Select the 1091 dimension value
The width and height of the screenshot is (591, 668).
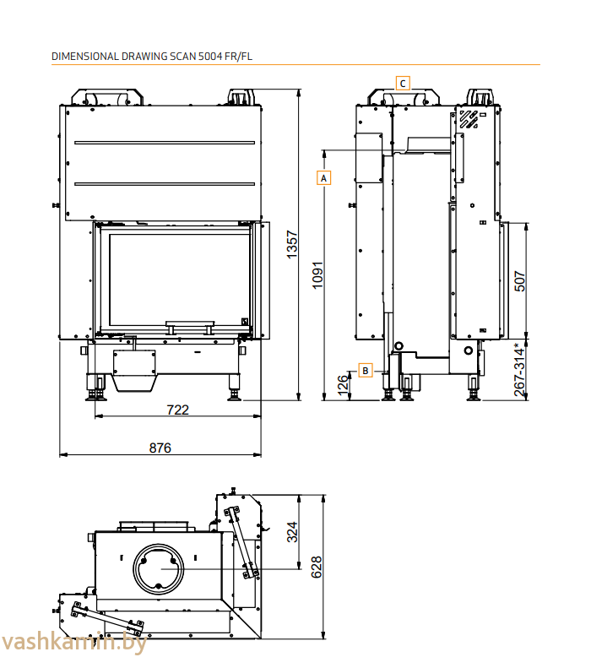(x=317, y=274)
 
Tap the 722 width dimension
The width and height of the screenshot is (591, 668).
(x=177, y=410)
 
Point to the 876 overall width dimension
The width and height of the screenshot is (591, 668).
(x=160, y=448)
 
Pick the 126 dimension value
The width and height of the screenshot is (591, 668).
(x=343, y=384)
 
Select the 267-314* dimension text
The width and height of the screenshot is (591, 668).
(x=520, y=368)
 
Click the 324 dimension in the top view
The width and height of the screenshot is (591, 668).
(x=292, y=531)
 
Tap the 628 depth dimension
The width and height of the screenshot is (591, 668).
(x=317, y=566)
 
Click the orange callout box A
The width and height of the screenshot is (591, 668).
(x=323, y=178)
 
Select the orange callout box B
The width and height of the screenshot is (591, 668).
(x=365, y=370)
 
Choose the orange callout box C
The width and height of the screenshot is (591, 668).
(x=404, y=83)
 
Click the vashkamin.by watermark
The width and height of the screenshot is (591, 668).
(x=73, y=643)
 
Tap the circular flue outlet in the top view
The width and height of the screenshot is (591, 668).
(x=156, y=568)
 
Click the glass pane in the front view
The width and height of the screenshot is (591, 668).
(x=176, y=274)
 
